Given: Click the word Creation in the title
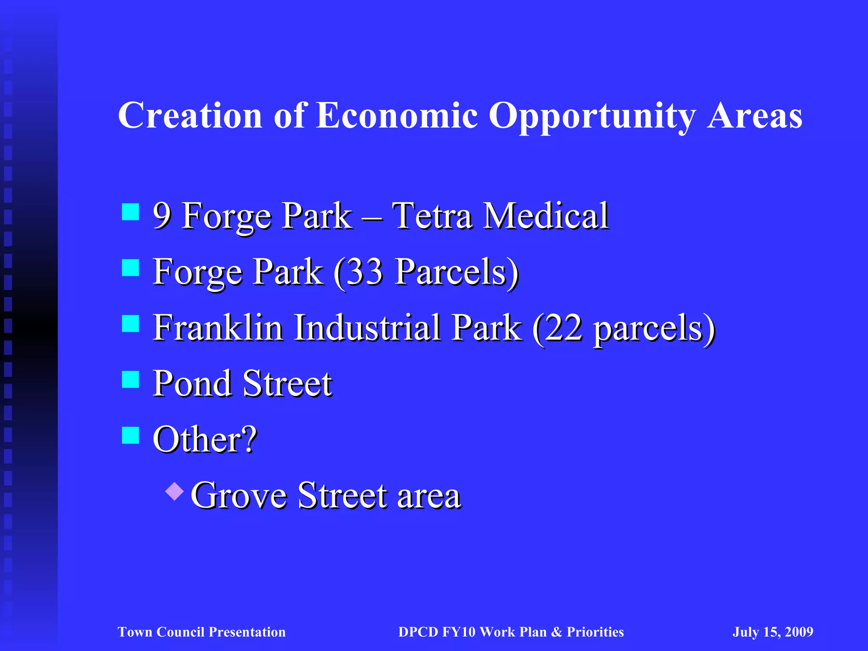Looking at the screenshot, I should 190,115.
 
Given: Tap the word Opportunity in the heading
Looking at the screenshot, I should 592,115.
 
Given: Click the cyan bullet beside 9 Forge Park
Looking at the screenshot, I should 131,212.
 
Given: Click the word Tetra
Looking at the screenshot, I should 432,216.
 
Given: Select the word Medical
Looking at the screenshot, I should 546,216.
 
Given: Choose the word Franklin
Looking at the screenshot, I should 218,327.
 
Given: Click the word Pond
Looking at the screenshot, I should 192,383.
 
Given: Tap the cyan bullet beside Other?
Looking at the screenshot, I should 131,435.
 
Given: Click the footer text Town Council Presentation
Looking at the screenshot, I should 202,632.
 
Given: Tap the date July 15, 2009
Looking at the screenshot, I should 773,632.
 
